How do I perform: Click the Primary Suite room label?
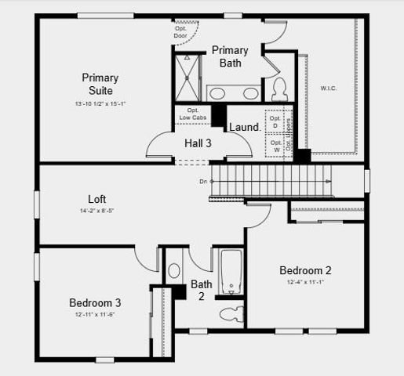point(100,84)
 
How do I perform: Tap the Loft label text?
point(97,199)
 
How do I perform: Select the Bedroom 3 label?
point(95,302)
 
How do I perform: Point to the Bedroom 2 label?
point(306,270)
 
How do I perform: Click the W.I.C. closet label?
point(329,89)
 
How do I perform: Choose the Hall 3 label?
point(198,143)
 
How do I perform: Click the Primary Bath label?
point(231,56)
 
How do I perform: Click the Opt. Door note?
point(181,34)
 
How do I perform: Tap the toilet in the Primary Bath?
point(280,88)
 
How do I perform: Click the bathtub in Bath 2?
point(229,272)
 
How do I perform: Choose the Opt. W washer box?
point(275,146)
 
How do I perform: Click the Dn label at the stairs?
point(203,182)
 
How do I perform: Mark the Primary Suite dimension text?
point(100,103)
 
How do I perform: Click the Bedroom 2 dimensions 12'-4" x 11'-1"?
point(306,282)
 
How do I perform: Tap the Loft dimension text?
point(97,211)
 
